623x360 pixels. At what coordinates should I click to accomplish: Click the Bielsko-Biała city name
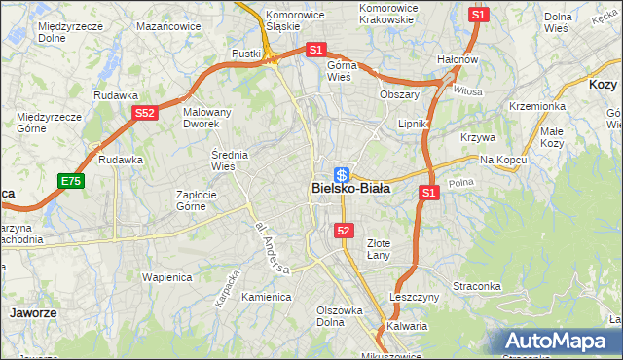350,189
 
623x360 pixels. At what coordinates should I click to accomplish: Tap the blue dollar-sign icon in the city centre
342,174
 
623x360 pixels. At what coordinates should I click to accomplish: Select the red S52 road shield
145,114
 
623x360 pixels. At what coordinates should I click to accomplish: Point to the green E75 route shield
70,181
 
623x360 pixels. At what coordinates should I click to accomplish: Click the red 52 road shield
344,230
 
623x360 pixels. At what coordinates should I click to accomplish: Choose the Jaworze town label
31,313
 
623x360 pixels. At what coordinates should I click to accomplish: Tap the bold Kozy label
604,85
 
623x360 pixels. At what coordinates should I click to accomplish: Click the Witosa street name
467,90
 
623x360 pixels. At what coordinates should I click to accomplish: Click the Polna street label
460,182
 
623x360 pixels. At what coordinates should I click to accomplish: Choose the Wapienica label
167,277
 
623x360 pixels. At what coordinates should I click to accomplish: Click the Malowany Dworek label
207,118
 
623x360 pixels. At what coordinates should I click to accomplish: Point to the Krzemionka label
536,106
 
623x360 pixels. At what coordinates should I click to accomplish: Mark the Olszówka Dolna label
339,316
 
